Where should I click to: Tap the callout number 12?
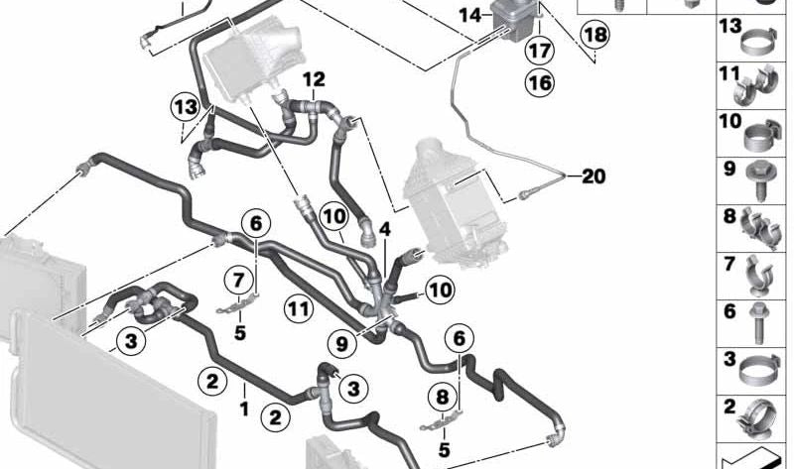point(314,78)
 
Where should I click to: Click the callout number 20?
point(593,176)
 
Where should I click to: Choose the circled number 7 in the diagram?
point(238,279)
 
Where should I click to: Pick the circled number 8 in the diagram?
point(439,398)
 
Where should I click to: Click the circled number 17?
point(539,49)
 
